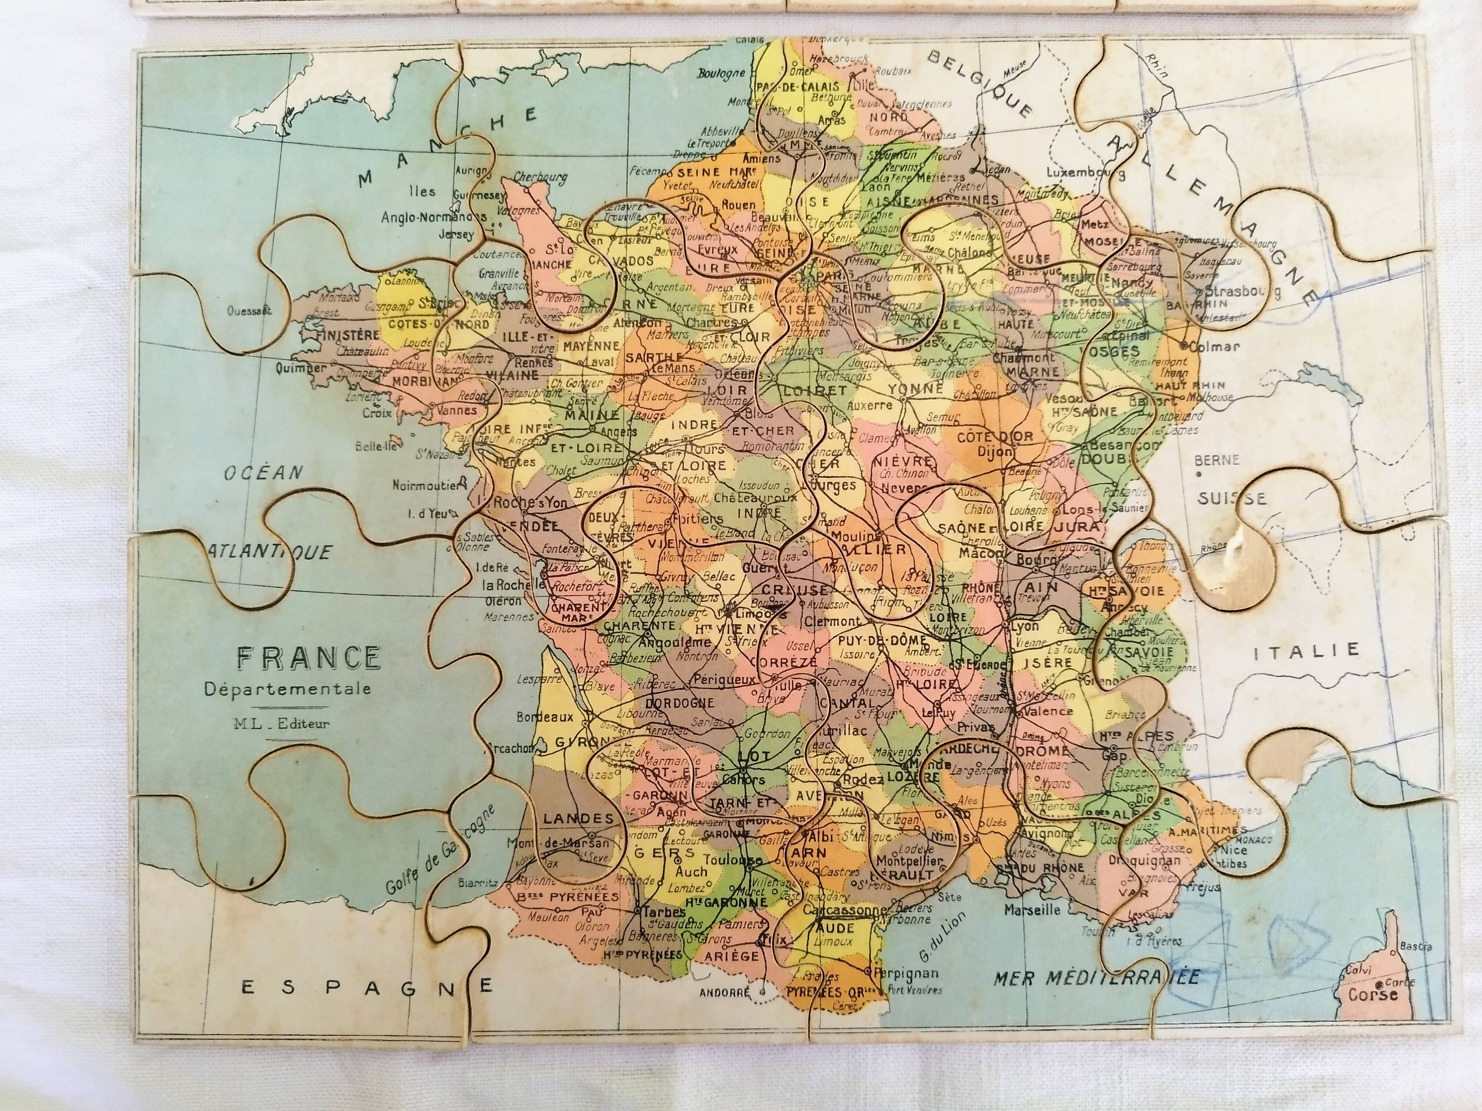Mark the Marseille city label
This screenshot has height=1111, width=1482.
pyautogui.click(x=1033, y=911)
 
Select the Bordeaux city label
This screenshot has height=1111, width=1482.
pyautogui.click(x=545, y=717)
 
